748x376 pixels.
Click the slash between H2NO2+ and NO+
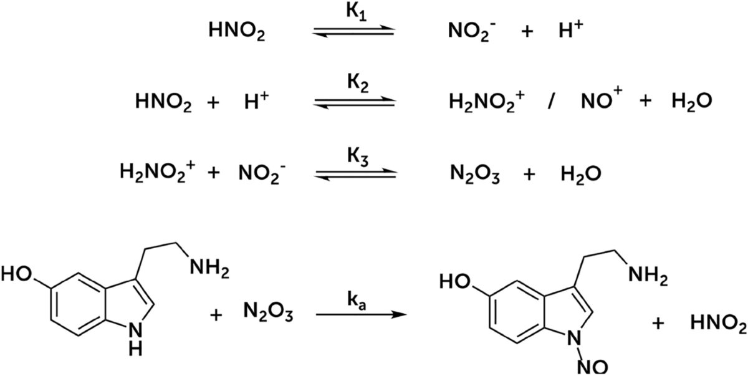tap(551, 102)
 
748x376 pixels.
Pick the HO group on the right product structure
tap(454, 282)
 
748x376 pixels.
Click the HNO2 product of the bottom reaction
tap(717, 323)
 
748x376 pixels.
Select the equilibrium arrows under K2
tap(353, 102)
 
